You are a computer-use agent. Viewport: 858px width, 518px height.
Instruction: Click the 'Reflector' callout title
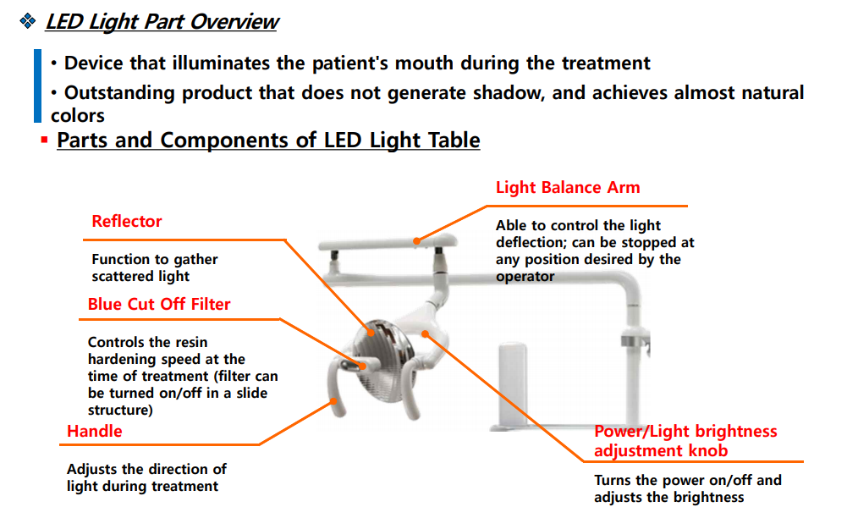click(126, 221)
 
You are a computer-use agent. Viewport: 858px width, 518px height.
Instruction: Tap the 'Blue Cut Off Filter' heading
click(159, 304)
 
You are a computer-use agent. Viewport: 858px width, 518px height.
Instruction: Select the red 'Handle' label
click(94, 431)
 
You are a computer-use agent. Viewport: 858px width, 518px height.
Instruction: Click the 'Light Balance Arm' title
click(568, 187)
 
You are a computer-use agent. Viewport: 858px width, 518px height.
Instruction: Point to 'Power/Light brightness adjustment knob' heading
click(685, 441)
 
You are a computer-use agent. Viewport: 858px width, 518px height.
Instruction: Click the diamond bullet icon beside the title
click(27, 21)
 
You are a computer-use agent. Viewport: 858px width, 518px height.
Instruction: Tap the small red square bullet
click(44, 141)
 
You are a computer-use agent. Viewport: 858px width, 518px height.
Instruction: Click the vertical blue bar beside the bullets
click(37, 86)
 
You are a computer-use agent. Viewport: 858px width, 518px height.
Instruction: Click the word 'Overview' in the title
click(234, 22)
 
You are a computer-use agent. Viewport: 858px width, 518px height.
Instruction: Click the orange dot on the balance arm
click(417, 240)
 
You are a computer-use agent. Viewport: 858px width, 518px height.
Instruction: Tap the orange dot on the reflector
click(371, 333)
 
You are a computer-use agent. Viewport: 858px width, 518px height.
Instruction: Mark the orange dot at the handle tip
click(333, 401)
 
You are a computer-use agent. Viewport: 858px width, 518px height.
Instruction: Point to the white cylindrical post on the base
click(512, 383)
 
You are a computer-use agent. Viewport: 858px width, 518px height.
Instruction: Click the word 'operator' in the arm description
click(525, 277)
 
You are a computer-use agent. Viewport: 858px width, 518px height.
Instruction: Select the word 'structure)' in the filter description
click(120, 411)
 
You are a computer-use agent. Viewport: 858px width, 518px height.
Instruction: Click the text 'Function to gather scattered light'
click(154, 267)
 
